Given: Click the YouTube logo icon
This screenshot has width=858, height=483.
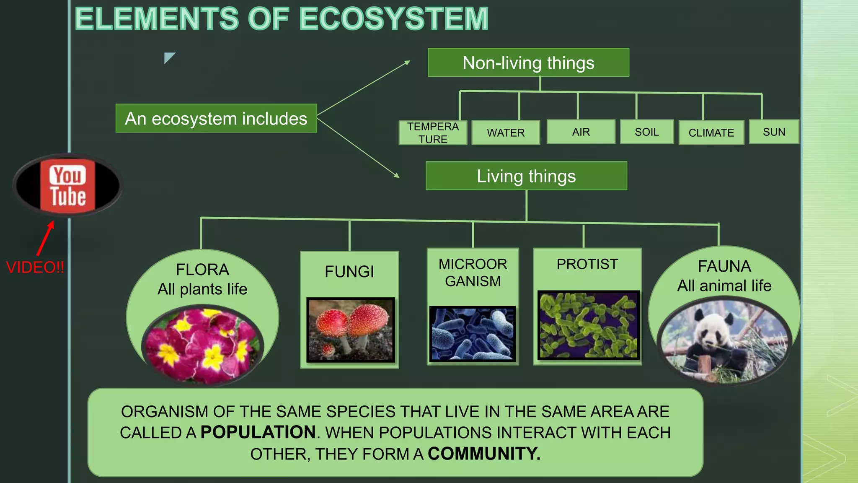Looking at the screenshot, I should click(x=67, y=185).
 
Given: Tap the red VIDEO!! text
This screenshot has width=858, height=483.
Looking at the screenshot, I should click(x=35, y=267).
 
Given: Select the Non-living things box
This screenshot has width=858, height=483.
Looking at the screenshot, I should click(x=528, y=63).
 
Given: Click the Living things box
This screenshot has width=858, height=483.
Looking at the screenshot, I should click(x=526, y=176).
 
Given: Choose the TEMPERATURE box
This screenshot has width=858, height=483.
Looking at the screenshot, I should click(x=433, y=133).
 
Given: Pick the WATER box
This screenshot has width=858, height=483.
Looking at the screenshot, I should click(x=506, y=133).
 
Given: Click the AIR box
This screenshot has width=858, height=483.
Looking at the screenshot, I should click(x=581, y=132).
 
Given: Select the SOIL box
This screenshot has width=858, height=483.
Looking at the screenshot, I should click(x=646, y=132).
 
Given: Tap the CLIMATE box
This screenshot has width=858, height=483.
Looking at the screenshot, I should click(x=711, y=133).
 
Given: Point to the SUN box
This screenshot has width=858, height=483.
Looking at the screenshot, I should click(x=774, y=132).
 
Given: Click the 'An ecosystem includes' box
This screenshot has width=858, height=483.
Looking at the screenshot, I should click(x=216, y=119).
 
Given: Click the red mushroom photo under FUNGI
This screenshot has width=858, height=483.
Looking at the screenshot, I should click(x=350, y=330).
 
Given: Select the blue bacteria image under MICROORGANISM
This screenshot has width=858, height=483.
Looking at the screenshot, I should click(x=473, y=333).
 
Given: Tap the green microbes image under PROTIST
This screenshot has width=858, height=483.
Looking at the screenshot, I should click(x=588, y=325).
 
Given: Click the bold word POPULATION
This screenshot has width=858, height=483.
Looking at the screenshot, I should click(x=258, y=432).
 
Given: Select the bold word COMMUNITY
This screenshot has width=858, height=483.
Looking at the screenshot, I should click(x=484, y=454).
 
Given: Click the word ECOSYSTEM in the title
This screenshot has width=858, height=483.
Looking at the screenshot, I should click(x=394, y=19).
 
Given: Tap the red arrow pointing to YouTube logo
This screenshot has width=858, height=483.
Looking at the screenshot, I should click(x=46, y=238).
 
